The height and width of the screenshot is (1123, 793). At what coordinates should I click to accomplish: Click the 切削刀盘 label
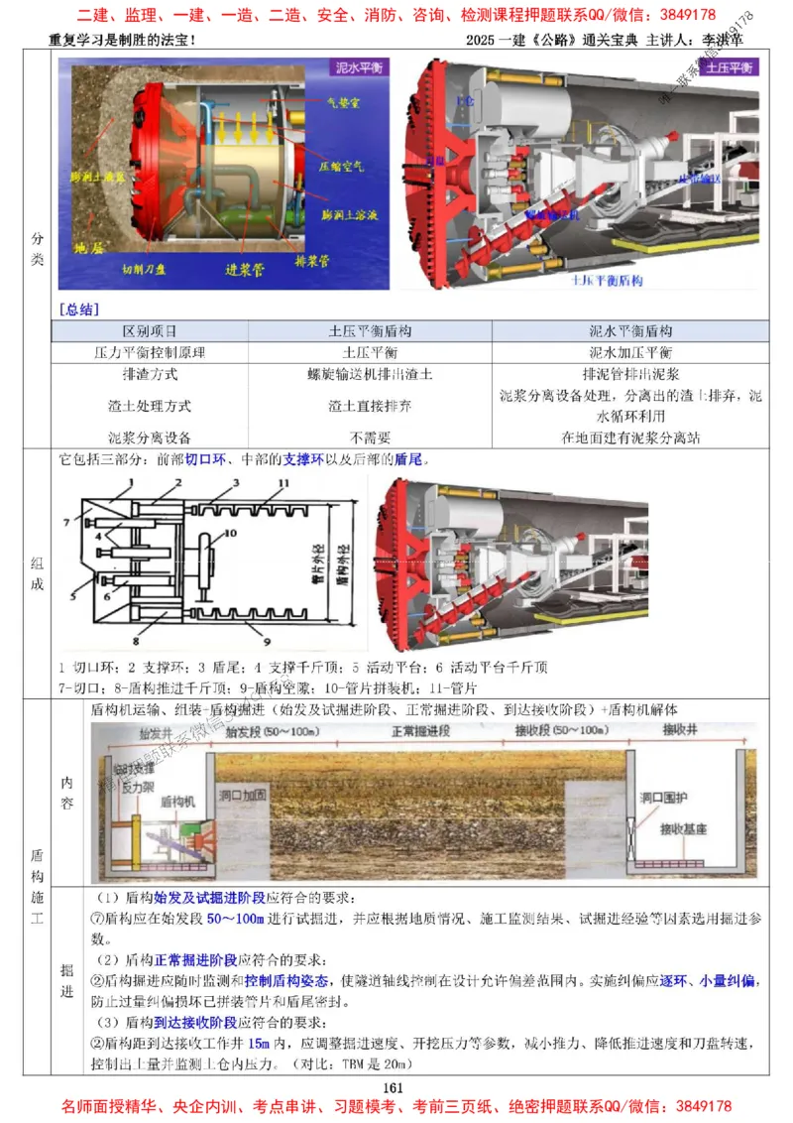pos(147,268)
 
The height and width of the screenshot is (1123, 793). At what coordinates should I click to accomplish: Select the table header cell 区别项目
pos(149,330)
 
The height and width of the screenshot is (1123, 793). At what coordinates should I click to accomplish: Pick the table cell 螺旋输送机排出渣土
pos(370,375)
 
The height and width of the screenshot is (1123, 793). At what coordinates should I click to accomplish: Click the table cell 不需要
pos(370,437)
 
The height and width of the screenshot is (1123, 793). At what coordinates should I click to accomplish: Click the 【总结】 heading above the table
pos(78,310)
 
